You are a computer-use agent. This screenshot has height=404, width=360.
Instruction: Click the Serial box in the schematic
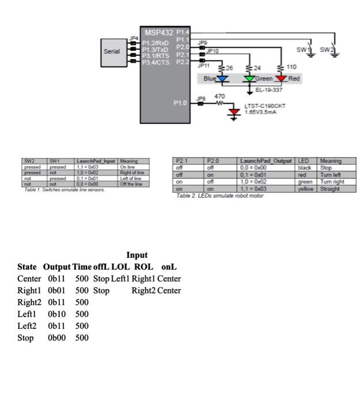pos(111,51)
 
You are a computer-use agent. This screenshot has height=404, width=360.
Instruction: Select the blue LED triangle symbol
pos(217,78)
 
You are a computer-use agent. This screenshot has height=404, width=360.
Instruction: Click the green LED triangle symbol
pos(249,78)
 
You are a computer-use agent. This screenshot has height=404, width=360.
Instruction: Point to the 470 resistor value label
pos(219,96)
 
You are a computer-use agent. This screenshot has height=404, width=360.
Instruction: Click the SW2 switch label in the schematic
pos(327,50)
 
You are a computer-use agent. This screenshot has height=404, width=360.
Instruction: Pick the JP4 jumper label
pos(134,39)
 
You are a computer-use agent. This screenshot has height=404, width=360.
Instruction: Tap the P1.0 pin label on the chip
pos(181,103)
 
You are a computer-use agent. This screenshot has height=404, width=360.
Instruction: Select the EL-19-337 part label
pos(269,90)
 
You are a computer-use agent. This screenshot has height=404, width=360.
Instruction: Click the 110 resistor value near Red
pos(291,68)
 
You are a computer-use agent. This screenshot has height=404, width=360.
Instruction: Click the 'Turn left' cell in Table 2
pos(330,175)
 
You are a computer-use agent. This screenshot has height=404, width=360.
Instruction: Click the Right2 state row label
pos(29,302)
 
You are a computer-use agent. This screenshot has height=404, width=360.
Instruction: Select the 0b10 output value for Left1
pos(57,314)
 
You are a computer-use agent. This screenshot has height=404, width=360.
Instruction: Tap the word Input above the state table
pos(137,255)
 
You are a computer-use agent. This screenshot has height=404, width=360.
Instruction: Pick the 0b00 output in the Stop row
pos(57,338)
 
